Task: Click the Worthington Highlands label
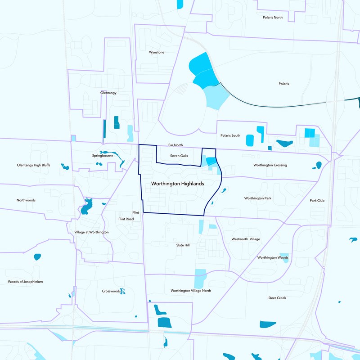coord(177,184)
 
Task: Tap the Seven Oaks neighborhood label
coord(179,156)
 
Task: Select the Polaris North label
coord(273,18)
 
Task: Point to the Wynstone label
coord(157,52)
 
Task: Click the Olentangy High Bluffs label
coord(33,165)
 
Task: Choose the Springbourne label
coord(103,156)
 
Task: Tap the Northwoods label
coord(26,200)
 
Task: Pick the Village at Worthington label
coord(91,232)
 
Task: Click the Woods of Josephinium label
coord(25,282)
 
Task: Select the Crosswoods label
coord(111,291)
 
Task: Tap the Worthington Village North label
coord(191,291)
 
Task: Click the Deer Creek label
coord(277,298)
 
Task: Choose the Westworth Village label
coord(246,239)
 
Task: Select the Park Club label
coord(317,201)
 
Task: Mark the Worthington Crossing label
coord(270,165)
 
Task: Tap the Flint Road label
coord(126,219)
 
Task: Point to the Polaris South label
coord(230,135)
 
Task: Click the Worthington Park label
coord(258,198)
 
